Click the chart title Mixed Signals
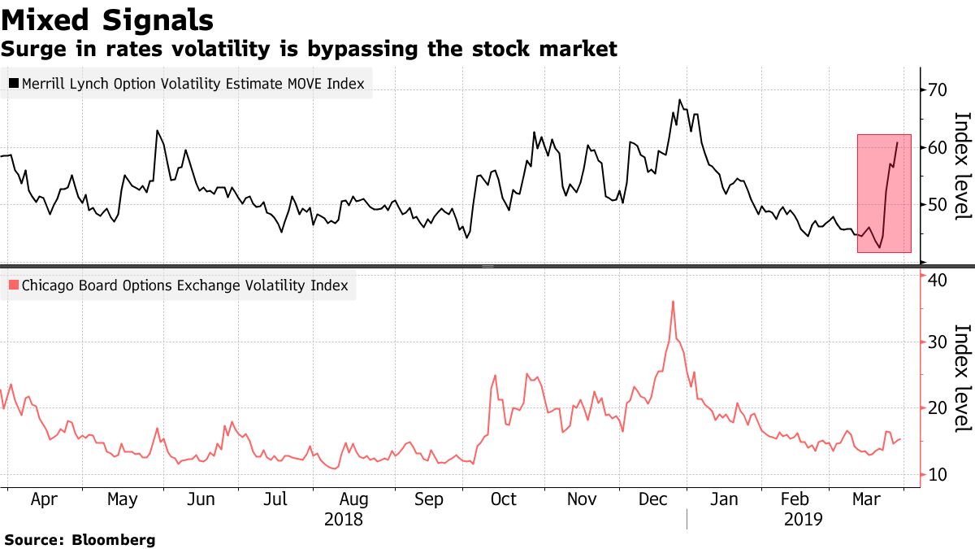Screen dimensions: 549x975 coord(108,20)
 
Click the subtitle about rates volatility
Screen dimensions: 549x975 coord(309,50)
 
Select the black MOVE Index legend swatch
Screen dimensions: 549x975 coord(13,83)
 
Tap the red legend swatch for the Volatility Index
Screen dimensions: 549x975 coord(13,285)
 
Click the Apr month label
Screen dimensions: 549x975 coord(45,499)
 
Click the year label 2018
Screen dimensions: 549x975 coord(343,519)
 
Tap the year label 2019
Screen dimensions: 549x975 coord(804,519)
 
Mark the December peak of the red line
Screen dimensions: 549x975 coord(674,302)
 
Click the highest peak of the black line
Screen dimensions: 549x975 coord(678,100)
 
